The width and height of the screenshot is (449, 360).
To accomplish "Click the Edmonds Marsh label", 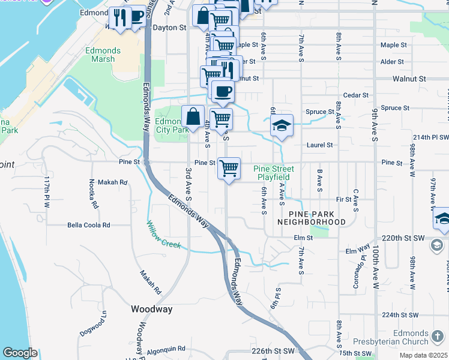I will pyautogui.click(x=103, y=55).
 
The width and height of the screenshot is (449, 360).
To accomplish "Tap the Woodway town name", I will pyautogui.click(x=152, y=310).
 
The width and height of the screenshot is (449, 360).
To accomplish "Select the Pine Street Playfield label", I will pyautogui.click(x=274, y=173).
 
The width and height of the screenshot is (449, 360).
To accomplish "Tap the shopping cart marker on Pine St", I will pyautogui.click(x=229, y=168).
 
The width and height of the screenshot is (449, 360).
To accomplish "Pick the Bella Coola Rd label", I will pyautogui.click(x=89, y=225).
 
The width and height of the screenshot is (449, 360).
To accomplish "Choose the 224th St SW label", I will pyautogui.click(x=399, y=314).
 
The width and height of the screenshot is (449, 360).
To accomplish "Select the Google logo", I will pyautogui.click(x=20, y=353).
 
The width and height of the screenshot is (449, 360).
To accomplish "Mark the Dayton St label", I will pyautogui.click(x=169, y=28).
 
